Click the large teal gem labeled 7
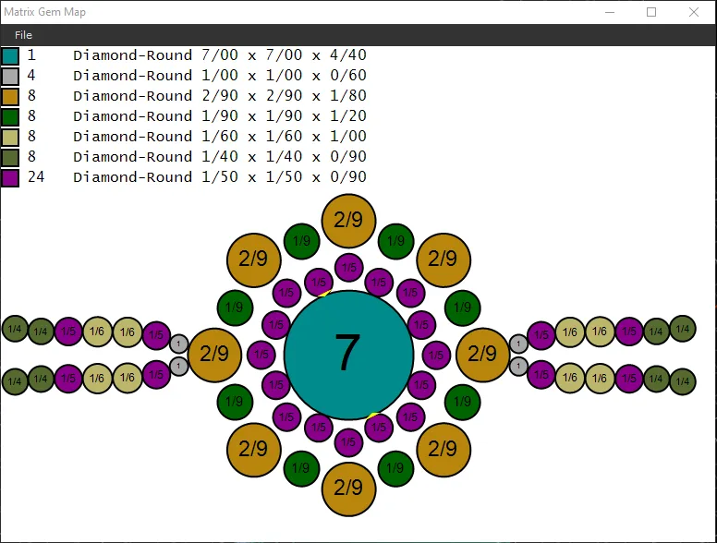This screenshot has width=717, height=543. [x=348, y=355]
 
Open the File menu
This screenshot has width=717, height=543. [x=23, y=35]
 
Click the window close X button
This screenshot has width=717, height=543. [x=693, y=12]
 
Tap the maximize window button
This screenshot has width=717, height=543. [x=651, y=12]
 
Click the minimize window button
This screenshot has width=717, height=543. [x=610, y=12]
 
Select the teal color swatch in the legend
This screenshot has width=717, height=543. [x=10, y=55]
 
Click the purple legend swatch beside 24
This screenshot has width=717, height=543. [x=10, y=178]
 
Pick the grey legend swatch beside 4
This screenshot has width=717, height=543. [x=10, y=76]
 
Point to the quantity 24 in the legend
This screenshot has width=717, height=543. [x=36, y=177]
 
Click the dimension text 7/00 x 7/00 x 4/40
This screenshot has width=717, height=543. [x=284, y=55]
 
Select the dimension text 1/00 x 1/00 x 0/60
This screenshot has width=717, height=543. [x=284, y=76]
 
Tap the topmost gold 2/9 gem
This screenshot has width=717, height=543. [x=348, y=221]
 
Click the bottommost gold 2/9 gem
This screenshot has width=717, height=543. [x=348, y=489]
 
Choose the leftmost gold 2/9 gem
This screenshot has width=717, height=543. [x=214, y=355]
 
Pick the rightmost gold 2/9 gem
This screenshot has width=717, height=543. [x=483, y=355]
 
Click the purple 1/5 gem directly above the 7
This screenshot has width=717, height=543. [x=348, y=268]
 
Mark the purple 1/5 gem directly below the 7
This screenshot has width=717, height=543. [x=348, y=442]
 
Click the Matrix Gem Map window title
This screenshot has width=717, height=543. [x=44, y=12]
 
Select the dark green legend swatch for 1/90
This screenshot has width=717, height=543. [x=10, y=116]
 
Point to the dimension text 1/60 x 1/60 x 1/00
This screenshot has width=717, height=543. [x=284, y=136]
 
